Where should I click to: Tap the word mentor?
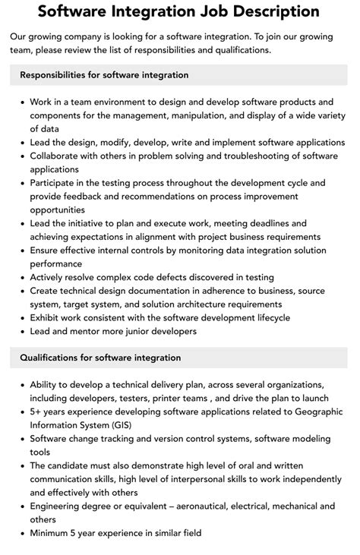[94, 330]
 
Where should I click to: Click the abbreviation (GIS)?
[131, 426]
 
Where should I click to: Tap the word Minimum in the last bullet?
[52, 534]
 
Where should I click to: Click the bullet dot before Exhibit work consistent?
[23, 317]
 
